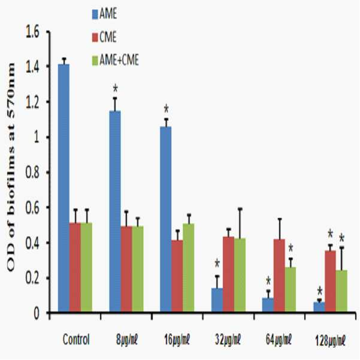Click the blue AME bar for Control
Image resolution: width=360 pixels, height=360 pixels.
pyautogui.click(x=63, y=188)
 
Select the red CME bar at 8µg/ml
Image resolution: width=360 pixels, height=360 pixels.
pyautogui.click(x=126, y=269)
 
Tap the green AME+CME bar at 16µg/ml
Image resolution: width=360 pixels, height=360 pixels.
pyautogui.click(x=189, y=268)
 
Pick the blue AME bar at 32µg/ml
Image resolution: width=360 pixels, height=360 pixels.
pyautogui.click(x=217, y=300)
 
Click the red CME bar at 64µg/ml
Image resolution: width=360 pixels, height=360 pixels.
pyautogui.click(x=279, y=276)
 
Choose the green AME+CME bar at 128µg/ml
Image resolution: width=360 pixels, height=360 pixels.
pyautogui.click(x=341, y=291)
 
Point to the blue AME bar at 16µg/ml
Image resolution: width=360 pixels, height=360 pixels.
pyautogui.click(x=166, y=219)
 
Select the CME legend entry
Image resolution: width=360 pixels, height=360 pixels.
pyautogui.click(x=104, y=37)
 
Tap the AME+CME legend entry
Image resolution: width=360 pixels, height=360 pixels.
pyautogui.click(x=116, y=60)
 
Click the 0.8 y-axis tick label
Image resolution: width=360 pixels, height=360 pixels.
pyautogui.click(x=32, y=173)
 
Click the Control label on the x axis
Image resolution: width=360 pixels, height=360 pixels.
pyautogui.click(x=76, y=340)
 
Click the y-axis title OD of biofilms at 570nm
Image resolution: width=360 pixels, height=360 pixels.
pyautogui.click(x=11, y=167)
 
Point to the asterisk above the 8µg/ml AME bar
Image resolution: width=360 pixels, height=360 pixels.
pyautogui.click(x=115, y=89)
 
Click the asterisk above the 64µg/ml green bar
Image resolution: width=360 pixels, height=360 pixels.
pyautogui.click(x=291, y=248)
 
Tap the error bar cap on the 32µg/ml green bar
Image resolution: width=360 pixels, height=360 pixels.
pyautogui.click(x=240, y=209)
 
